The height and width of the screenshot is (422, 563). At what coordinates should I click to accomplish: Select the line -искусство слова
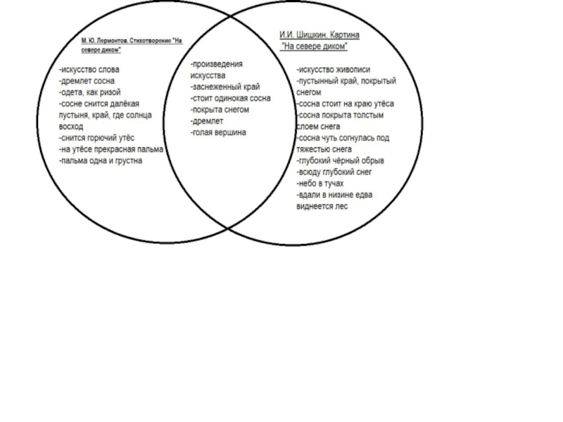coord(89,70)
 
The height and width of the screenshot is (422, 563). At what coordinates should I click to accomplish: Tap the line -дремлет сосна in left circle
coord(87,81)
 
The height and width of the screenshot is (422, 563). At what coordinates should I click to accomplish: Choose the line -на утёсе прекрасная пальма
coord(110,149)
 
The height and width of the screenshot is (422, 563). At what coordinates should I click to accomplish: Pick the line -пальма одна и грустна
coord(101,160)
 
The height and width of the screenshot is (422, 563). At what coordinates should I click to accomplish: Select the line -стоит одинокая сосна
coord(231,98)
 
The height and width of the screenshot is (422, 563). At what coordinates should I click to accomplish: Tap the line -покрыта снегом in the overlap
coord(220,110)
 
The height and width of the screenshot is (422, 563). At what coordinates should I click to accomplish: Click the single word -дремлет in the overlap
coord(208,121)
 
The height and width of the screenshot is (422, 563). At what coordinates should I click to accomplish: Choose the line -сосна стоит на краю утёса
coord(345,103)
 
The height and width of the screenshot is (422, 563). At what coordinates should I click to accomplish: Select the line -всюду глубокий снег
coord(334,172)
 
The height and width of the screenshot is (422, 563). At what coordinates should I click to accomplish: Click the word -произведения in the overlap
coord(217,64)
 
